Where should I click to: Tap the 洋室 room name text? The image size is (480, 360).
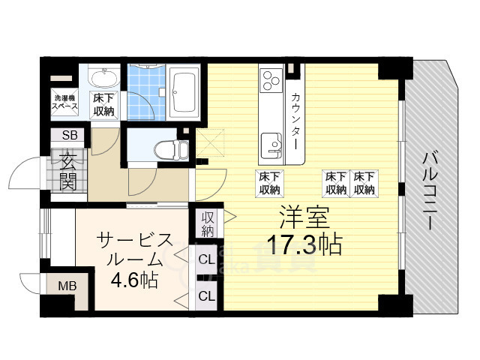(x=304, y=218)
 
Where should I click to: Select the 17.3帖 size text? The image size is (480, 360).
(x=304, y=244)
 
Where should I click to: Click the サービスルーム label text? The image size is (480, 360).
(x=134, y=250)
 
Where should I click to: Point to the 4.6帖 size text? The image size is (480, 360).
(x=134, y=279)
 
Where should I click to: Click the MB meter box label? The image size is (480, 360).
(x=67, y=286)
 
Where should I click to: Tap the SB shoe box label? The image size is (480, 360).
(x=70, y=135)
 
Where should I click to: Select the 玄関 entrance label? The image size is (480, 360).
(x=68, y=172)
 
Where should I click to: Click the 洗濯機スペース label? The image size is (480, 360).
(x=64, y=102)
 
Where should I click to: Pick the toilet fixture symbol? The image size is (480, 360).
(x=171, y=149)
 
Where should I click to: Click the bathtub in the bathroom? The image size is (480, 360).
(x=184, y=93)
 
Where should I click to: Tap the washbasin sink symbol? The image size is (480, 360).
(x=104, y=79)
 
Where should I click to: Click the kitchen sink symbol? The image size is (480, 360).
(x=271, y=145)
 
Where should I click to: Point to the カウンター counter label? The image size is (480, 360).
(x=295, y=121)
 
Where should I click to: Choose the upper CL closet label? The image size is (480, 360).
(x=207, y=259)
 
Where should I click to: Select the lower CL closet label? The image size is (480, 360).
(x=207, y=295)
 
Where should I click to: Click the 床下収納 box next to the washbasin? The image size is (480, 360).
(x=104, y=105)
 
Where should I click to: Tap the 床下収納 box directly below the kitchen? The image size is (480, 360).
(x=270, y=183)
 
